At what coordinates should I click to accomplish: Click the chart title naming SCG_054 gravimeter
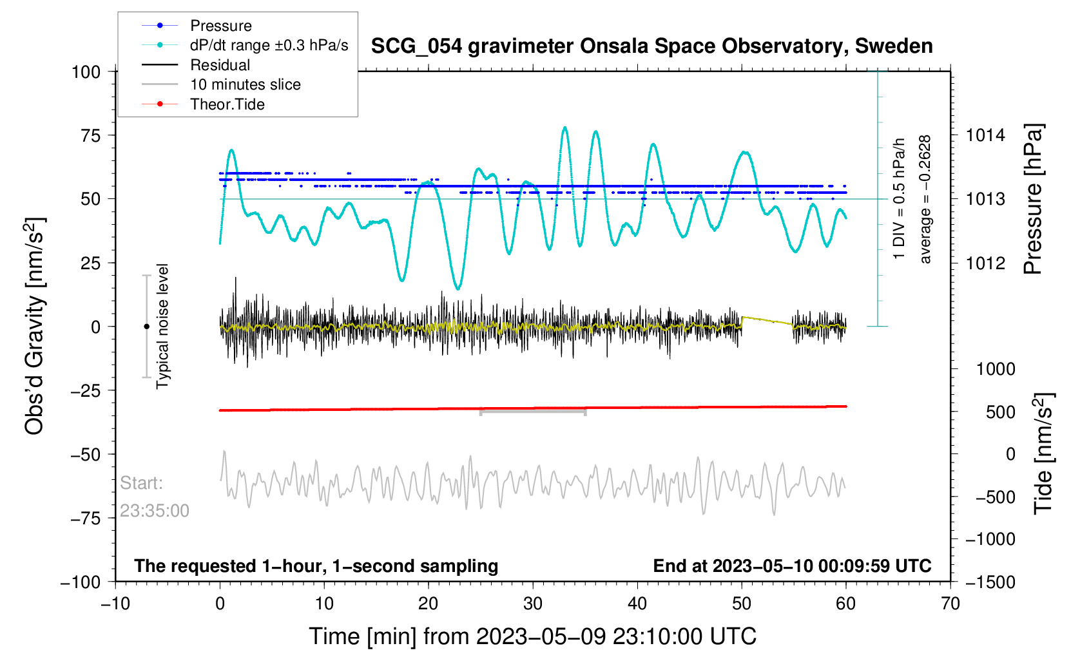coord(651,46)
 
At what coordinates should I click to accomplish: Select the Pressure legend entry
coord(220,26)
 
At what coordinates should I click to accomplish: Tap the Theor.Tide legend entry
coord(227,104)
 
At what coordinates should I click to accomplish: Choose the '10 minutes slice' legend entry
coord(245,84)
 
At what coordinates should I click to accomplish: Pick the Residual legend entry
coord(220,65)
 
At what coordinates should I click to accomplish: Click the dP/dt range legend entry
coord(269,45)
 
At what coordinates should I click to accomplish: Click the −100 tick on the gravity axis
coord(81,582)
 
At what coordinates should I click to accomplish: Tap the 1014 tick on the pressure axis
coord(985,135)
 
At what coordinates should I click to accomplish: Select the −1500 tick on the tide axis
coord(990,582)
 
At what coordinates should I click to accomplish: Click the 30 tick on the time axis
coord(533,604)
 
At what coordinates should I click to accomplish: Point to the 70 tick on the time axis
coord(950,604)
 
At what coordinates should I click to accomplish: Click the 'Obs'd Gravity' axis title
coord(35,326)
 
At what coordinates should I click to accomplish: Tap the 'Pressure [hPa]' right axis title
coord(1033,200)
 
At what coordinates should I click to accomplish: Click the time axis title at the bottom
coord(532,636)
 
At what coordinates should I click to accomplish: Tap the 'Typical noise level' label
coord(162,326)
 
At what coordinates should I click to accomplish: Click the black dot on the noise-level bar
coord(146,327)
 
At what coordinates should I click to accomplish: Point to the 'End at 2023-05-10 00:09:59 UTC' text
coord(792,566)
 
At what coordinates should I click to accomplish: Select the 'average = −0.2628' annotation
coord(925,199)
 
